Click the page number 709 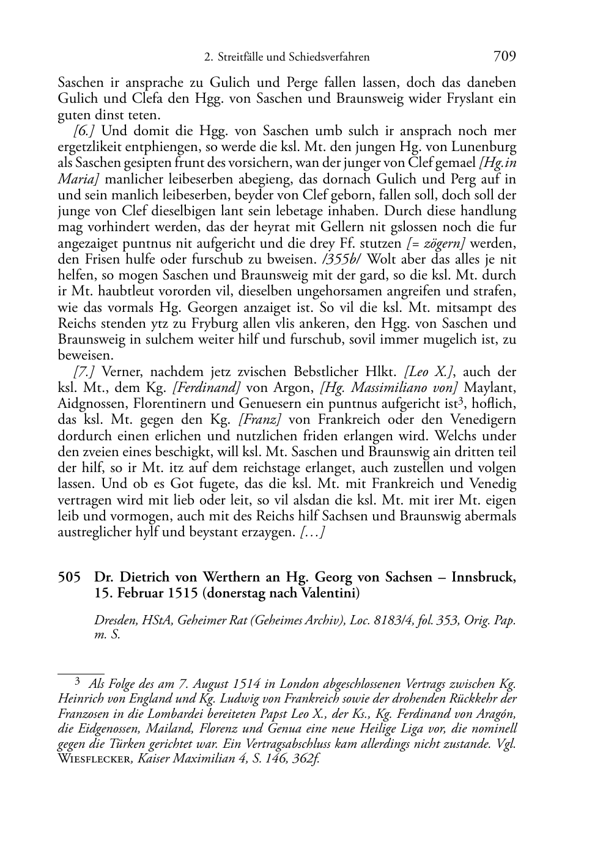click(x=505, y=56)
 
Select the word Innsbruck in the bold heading click(x=483, y=578)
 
